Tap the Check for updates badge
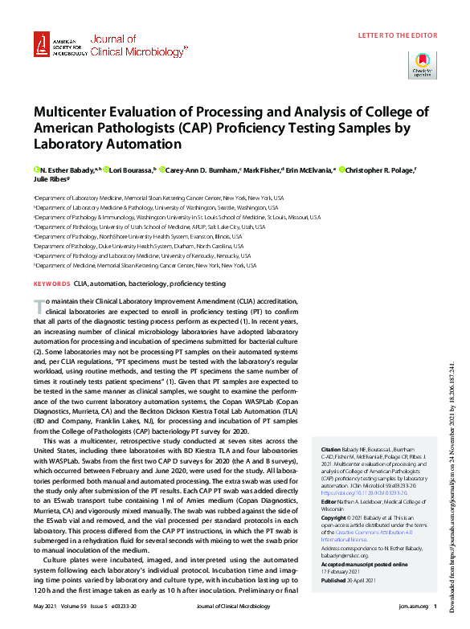(423, 64)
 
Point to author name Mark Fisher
(262, 170)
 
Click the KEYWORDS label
(51, 284)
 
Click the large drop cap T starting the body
(38, 306)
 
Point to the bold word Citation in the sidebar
(330, 449)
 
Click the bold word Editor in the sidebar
(330, 501)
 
